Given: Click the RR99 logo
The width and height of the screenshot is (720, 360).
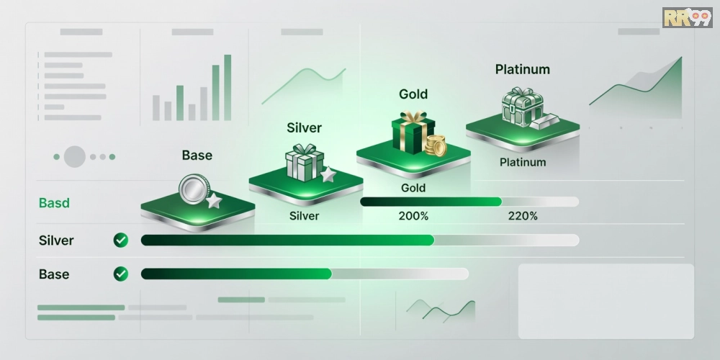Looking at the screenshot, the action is (687, 17).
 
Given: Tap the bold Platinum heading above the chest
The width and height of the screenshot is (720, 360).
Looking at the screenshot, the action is (523, 70).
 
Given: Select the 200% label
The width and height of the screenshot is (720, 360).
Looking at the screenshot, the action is (413, 216).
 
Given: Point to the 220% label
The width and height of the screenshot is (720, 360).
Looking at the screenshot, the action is (523, 216).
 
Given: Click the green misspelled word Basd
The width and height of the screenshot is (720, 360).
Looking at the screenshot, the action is (54, 203).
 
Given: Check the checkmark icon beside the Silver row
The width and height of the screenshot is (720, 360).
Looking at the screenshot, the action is (121, 240).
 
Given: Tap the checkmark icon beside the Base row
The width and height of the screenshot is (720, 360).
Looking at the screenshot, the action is (121, 274).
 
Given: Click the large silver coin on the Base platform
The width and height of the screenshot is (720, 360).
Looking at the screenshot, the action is (194, 189).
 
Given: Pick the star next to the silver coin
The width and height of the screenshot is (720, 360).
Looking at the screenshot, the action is (214, 201).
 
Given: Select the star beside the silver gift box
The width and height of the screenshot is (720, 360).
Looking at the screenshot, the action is (328, 174).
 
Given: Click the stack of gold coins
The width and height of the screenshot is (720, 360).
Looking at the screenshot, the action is (436, 145).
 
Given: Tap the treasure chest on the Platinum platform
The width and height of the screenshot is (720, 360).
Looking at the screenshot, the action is (523, 107).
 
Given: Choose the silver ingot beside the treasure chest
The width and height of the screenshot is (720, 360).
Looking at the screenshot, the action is (544, 121).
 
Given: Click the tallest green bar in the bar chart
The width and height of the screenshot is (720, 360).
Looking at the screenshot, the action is (228, 87).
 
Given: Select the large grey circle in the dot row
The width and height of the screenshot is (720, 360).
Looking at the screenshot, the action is (75, 156).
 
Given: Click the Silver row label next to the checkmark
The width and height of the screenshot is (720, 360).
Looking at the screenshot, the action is (56, 240).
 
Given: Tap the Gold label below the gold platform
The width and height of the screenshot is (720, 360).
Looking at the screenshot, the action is (413, 188).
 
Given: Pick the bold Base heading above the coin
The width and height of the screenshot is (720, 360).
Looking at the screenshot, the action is (197, 156).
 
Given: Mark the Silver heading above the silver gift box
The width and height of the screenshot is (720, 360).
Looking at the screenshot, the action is (304, 127).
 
